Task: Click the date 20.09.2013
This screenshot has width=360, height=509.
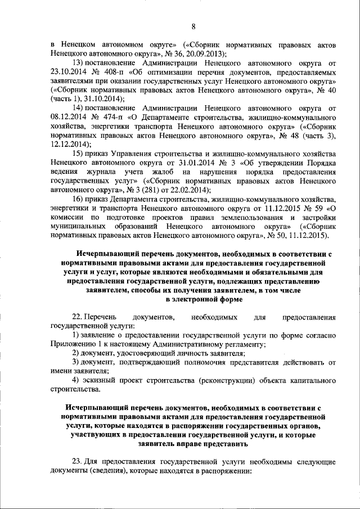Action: tap(205, 53)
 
